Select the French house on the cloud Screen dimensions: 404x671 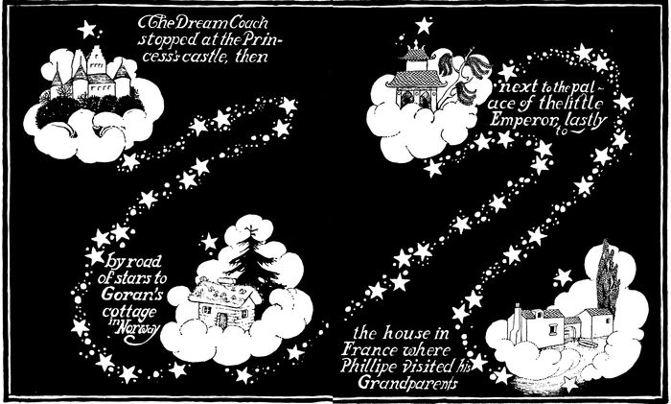coord(551,327)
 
